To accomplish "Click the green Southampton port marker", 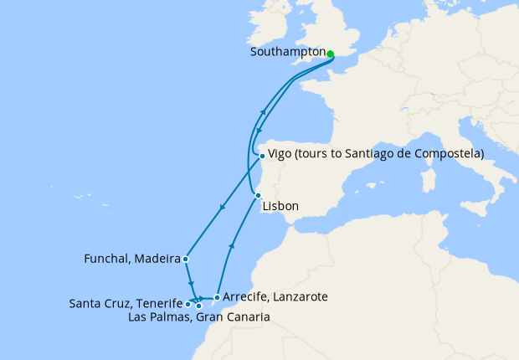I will click(330, 54).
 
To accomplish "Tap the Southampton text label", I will click(287, 52).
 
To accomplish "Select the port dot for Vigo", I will click(262, 156).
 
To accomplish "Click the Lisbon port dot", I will click(258, 195).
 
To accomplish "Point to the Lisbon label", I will click(280, 207).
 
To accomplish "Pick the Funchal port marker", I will click(185, 260).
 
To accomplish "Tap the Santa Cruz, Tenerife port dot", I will click(188, 304).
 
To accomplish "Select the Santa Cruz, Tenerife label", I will click(126, 303).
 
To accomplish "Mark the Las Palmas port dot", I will click(199, 306).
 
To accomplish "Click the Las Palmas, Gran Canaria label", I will click(199, 317).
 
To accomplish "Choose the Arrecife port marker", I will click(217, 297).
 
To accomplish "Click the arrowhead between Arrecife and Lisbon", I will click(232, 247).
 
